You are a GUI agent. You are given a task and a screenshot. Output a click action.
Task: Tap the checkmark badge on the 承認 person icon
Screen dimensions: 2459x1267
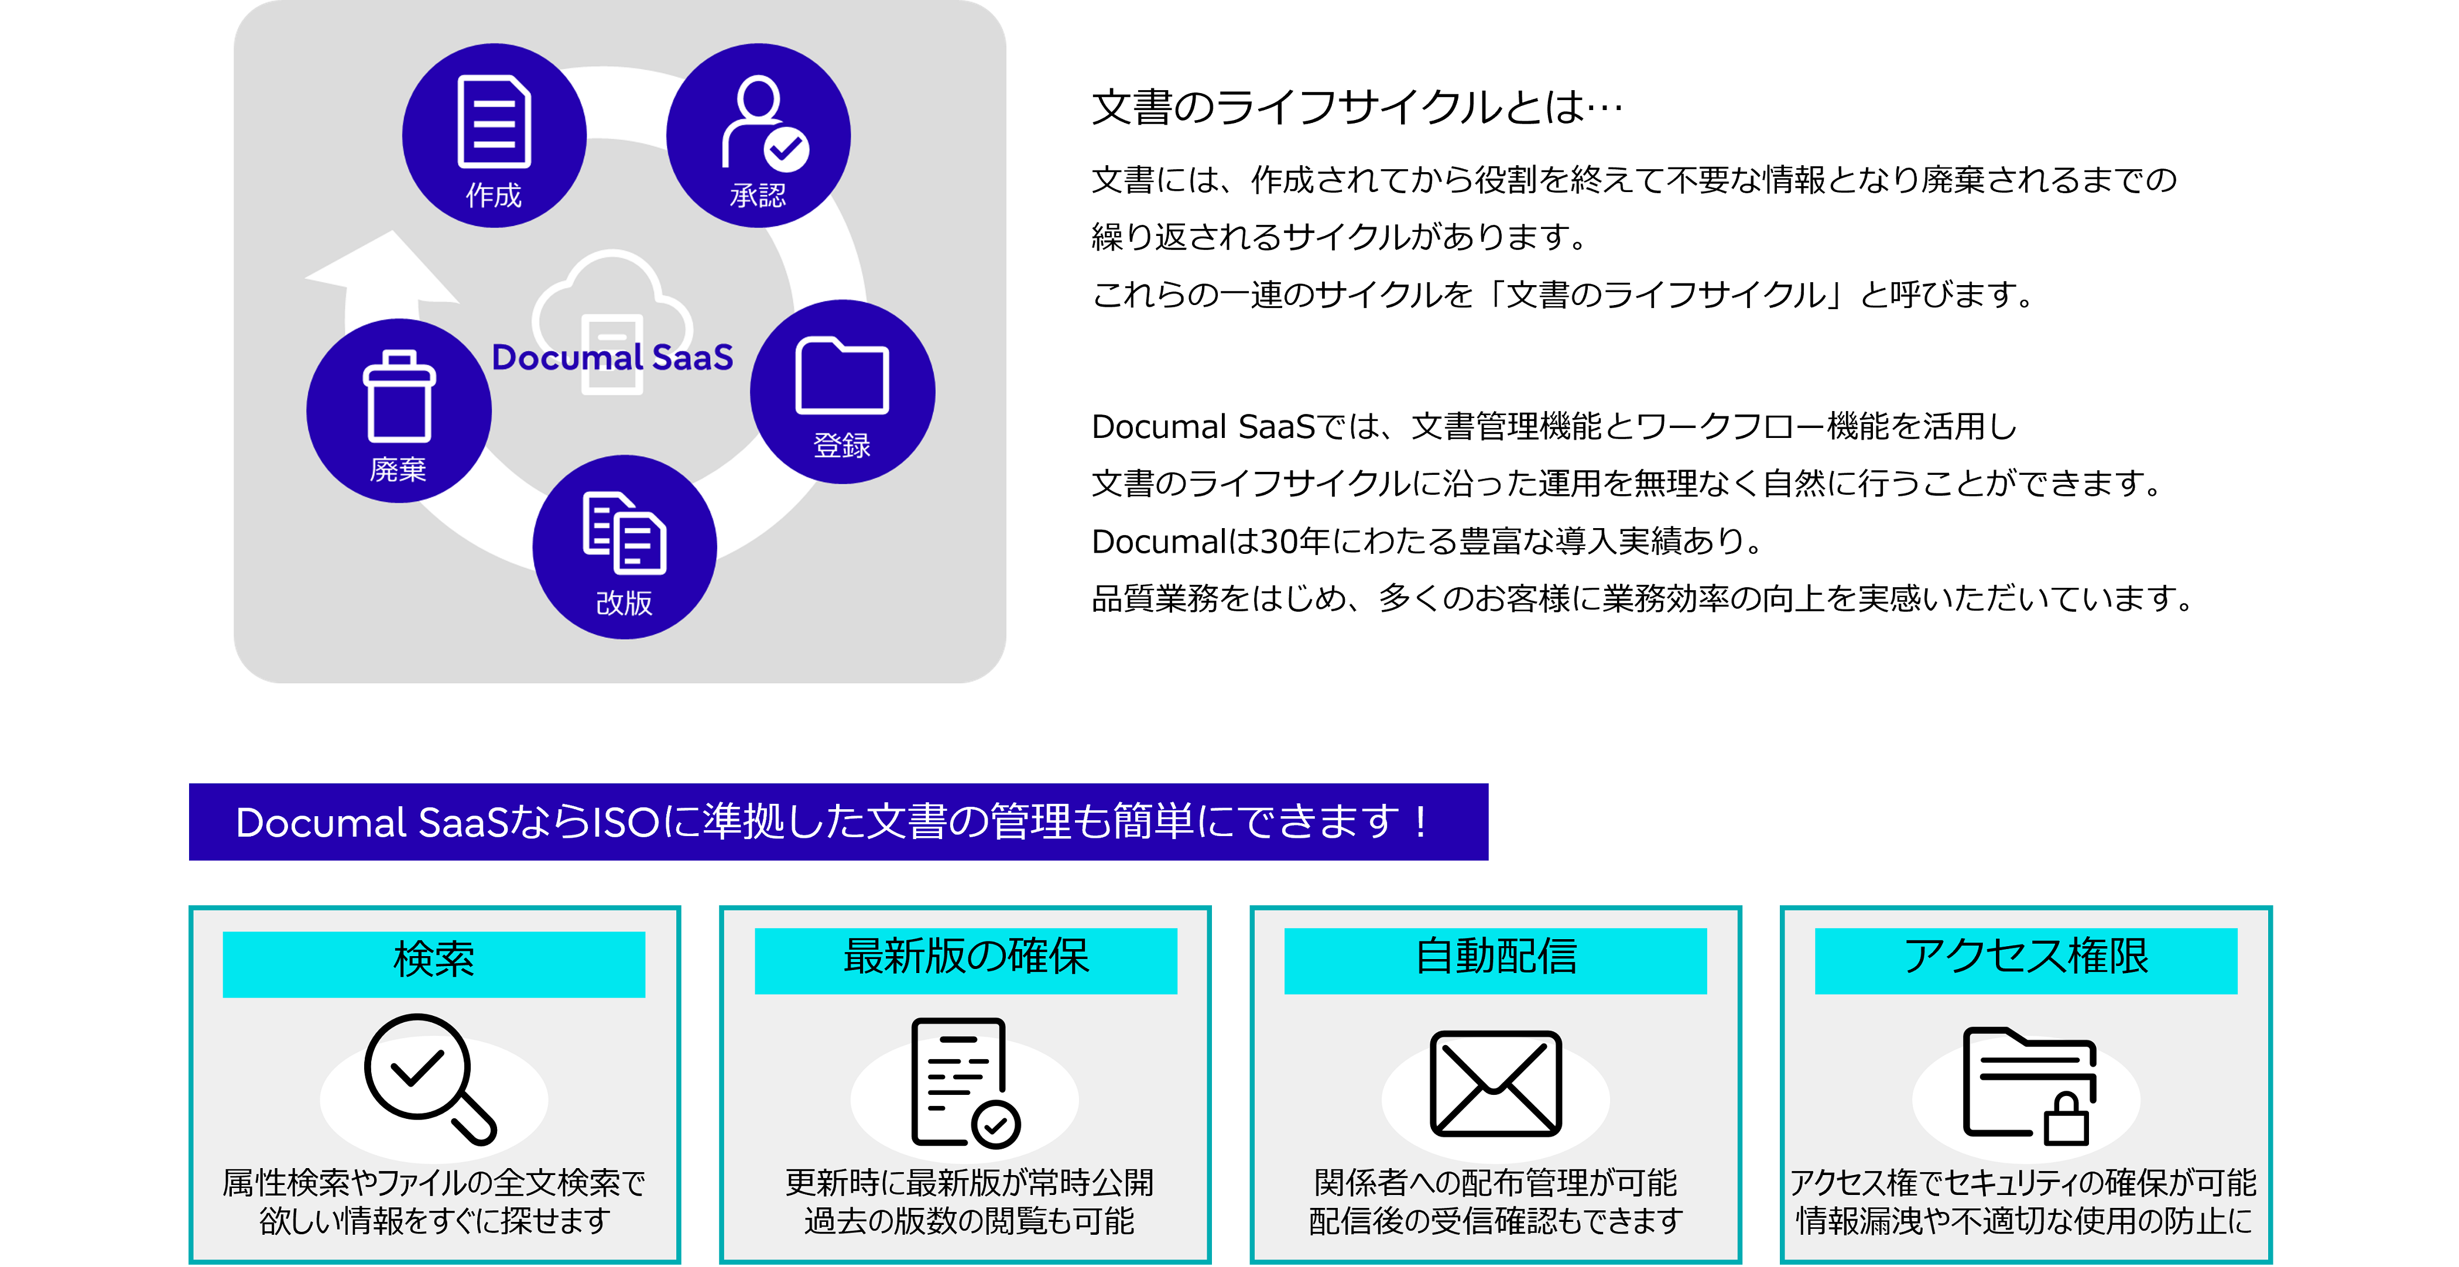786,148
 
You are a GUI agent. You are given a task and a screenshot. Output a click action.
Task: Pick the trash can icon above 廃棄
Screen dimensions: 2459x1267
399,396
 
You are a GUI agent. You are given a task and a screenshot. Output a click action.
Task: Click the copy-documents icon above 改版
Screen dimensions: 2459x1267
624,533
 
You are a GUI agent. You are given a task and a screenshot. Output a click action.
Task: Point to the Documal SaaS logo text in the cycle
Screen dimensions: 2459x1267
612,357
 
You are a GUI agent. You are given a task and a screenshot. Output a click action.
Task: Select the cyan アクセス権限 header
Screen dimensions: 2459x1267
2026,961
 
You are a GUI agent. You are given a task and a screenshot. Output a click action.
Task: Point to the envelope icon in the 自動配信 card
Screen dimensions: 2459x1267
1496,1084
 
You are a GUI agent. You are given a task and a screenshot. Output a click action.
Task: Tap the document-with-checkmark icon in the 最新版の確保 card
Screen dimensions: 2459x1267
965,1083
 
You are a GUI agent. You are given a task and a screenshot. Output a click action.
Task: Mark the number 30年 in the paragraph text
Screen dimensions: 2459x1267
1295,542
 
